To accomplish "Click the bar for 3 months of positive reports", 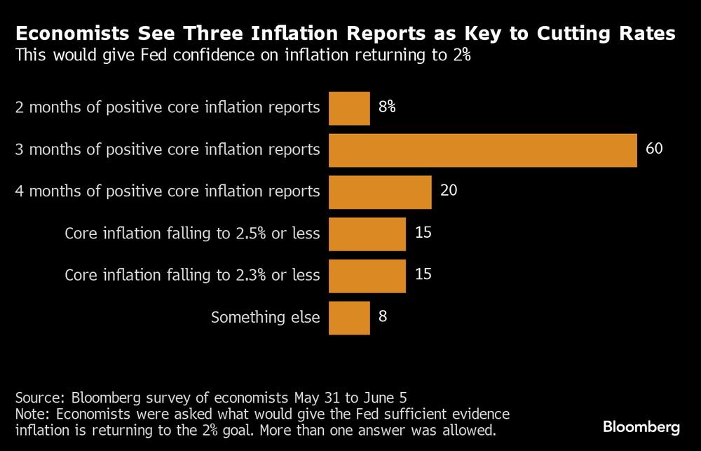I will click(x=482, y=150).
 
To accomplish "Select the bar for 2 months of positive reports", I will click(x=349, y=108).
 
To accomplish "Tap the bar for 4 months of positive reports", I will click(x=380, y=191).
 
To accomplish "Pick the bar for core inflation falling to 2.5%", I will click(x=367, y=234).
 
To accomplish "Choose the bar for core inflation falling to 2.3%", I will click(x=367, y=275).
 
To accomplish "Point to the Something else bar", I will click(x=349, y=317).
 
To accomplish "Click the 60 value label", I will click(x=653, y=149).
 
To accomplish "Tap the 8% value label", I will click(x=387, y=107).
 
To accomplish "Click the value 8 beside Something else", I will click(x=382, y=316).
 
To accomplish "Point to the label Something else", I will click(x=266, y=318).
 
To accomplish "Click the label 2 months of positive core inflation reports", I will click(x=168, y=108).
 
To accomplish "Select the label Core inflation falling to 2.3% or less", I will click(x=192, y=276).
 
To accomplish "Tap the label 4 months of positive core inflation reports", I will click(x=168, y=191).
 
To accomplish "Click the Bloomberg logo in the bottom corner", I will click(x=641, y=426).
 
